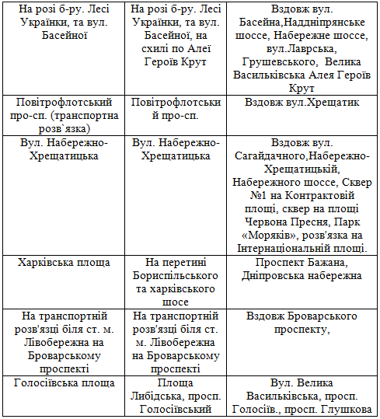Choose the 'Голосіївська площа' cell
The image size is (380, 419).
click(x=65, y=382)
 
